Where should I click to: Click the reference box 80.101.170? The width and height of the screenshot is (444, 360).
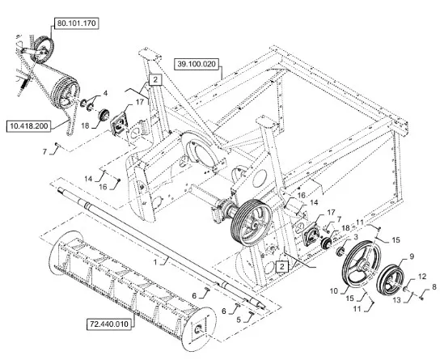point(77,23)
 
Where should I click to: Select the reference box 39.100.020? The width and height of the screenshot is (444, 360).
point(197,64)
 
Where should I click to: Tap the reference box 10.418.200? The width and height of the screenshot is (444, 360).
point(29,125)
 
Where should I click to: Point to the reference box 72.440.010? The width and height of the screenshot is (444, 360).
point(108,324)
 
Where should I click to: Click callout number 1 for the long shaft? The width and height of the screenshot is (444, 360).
point(155,262)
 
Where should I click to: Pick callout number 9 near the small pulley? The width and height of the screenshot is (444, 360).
point(412,256)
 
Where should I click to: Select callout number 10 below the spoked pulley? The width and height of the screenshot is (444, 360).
point(334,291)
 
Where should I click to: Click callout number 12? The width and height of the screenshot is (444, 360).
point(422,276)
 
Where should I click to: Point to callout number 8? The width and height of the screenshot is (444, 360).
point(434,287)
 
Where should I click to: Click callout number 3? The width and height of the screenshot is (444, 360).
point(356,236)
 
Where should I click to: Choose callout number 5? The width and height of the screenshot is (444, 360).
point(239,320)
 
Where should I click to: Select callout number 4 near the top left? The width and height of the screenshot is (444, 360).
point(105,93)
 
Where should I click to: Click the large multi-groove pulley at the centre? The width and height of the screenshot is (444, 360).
point(252,222)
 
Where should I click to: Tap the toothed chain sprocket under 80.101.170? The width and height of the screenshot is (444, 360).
point(43,49)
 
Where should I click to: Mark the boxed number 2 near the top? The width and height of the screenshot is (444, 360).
point(155,80)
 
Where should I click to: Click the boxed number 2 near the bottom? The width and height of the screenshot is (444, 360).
point(282,266)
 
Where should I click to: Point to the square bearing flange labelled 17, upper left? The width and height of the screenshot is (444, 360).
point(120,124)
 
